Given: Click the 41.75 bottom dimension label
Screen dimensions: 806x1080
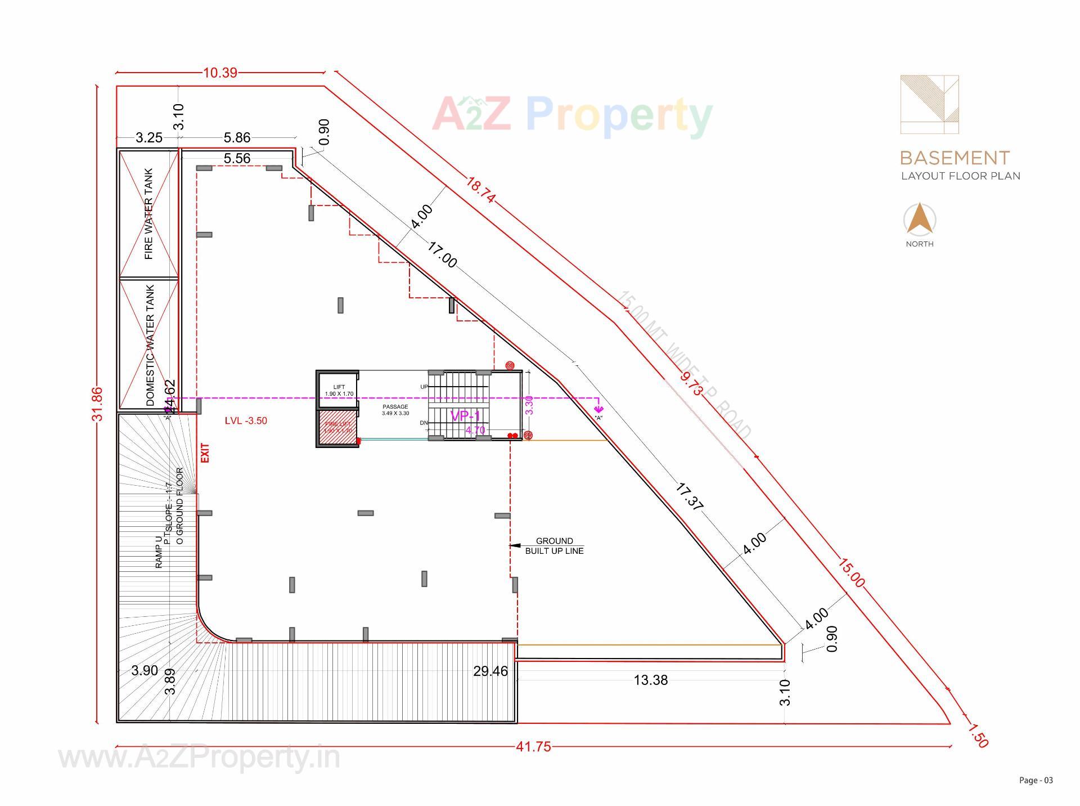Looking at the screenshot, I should (533, 747).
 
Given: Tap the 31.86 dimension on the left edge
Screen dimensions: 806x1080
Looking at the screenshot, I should (98, 404).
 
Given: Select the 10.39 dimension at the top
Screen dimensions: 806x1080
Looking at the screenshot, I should (220, 73).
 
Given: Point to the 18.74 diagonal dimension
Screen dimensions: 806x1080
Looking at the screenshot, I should (480, 190).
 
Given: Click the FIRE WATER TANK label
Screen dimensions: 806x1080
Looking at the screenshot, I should (149, 214).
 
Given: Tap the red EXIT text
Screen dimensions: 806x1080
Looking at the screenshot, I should (205, 453).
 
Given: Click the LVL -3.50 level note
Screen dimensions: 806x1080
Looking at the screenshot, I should (246, 421).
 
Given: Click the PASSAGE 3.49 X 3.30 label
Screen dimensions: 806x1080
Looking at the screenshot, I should (395, 410).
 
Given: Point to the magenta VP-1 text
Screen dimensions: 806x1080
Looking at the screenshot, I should (465, 416).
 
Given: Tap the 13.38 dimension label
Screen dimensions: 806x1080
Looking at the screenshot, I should (651, 680).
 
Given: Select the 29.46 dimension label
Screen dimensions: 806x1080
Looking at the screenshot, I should (490, 671).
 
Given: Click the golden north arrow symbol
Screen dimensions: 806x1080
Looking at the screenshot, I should (920, 219).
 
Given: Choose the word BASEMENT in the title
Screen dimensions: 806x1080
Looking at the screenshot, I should (955, 158).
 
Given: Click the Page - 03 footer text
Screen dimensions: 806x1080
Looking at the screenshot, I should (1036, 780).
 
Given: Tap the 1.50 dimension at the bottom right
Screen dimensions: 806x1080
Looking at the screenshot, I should (978, 736).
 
